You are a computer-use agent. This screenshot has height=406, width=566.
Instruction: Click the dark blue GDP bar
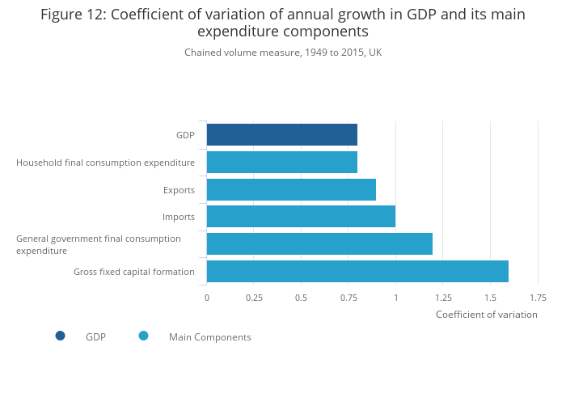pyautogui.click(x=281, y=135)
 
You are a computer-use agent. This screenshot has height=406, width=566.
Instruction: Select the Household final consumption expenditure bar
pyautogui.click(x=281, y=163)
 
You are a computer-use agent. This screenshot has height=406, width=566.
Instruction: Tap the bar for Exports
pyautogui.click(x=291, y=190)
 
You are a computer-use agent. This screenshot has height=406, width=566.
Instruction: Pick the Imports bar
pyautogui.click(x=301, y=217)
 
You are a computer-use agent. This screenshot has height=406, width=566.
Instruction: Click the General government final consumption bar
pyautogui.click(x=319, y=244)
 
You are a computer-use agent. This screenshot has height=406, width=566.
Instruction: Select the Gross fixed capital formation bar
pyautogui.click(x=357, y=272)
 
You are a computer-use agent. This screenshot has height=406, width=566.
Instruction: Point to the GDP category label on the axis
pyautogui.click(x=185, y=135)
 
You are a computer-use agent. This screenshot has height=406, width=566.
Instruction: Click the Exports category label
pyautogui.click(x=179, y=190)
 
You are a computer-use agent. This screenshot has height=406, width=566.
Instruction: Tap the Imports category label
pyautogui.click(x=179, y=217)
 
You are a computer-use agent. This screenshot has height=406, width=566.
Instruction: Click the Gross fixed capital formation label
pyautogui.click(x=134, y=272)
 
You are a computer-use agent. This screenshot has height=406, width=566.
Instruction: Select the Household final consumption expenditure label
pyautogui.click(x=105, y=163)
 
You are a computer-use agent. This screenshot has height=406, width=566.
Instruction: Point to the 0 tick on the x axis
pyautogui.click(x=207, y=298)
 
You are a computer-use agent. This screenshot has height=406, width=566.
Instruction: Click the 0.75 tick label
pyautogui.click(x=348, y=298)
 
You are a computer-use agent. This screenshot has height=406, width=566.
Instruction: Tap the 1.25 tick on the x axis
pyautogui.click(x=443, y=298)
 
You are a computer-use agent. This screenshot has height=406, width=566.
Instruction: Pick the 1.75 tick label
pyautogui.click(x=538, y=298)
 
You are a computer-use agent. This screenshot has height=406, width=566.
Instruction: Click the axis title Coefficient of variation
pyautogui.click(x=486, y=315)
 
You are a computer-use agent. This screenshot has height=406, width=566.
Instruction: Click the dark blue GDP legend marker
pyautogui.click(x=60, y=336)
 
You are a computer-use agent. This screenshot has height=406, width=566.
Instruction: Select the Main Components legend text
pyautogui.click(x=209, y=337)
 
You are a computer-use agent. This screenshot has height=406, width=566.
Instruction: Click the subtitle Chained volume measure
pyautogui.click(x=283, y=53)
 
